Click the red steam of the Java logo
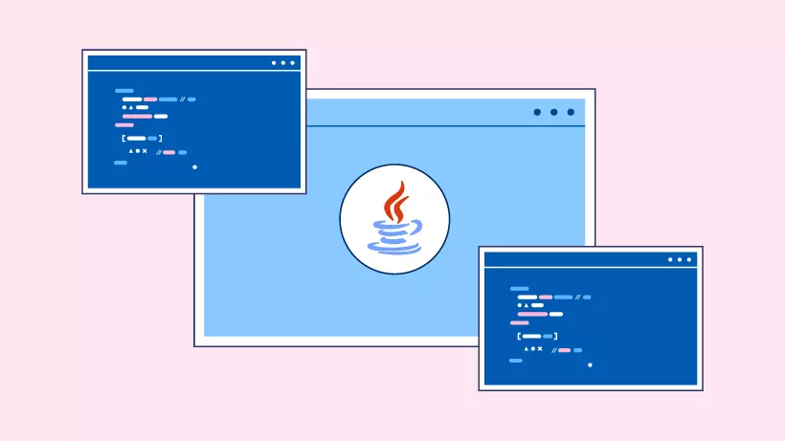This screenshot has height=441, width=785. click(393, 202)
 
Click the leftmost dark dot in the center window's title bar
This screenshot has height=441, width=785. click(537, 112)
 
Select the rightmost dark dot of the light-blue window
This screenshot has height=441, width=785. click(571, 112)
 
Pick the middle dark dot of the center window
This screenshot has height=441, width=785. click(553, 112)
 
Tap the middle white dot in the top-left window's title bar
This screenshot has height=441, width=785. click(283, 63)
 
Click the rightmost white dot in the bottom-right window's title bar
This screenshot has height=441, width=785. click(689, 259)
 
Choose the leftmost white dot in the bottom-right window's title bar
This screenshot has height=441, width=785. click(670, 259)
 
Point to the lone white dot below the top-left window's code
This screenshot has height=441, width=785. click(194, 167)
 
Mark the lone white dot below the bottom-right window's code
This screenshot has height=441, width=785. click(590, 364)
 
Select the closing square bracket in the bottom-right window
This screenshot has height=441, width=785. click(556, 337)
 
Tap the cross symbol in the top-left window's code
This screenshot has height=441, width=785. click(145, 151)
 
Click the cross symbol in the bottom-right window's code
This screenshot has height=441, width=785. click(540, 349)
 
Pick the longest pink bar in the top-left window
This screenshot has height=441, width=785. click(138, 116)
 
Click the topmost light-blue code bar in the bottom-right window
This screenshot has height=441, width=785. click(519, 288)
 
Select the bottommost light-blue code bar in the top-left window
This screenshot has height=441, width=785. click(121, 163)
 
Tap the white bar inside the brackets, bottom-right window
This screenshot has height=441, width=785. click(530, 337)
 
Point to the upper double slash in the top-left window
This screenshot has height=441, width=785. click(182, 99)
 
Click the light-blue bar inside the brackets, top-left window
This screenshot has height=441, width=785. click(152, 139)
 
